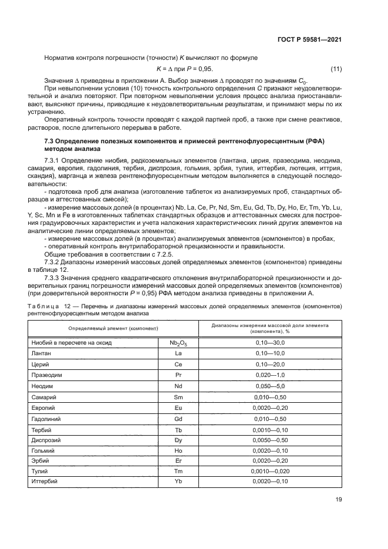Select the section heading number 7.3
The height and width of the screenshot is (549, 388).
coord(51,142)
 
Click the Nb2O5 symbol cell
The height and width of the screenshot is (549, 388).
coord(178,342)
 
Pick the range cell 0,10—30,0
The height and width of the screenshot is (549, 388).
coord(270,342)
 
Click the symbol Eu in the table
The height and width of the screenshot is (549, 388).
coord(178,407)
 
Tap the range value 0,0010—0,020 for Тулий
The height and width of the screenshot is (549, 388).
coord(270,471)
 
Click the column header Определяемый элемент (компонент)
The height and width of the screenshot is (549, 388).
coord(111,328)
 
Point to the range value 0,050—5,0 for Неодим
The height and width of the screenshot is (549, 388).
coord(270,385)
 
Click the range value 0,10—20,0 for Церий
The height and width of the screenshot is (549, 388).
coord(270,364)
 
